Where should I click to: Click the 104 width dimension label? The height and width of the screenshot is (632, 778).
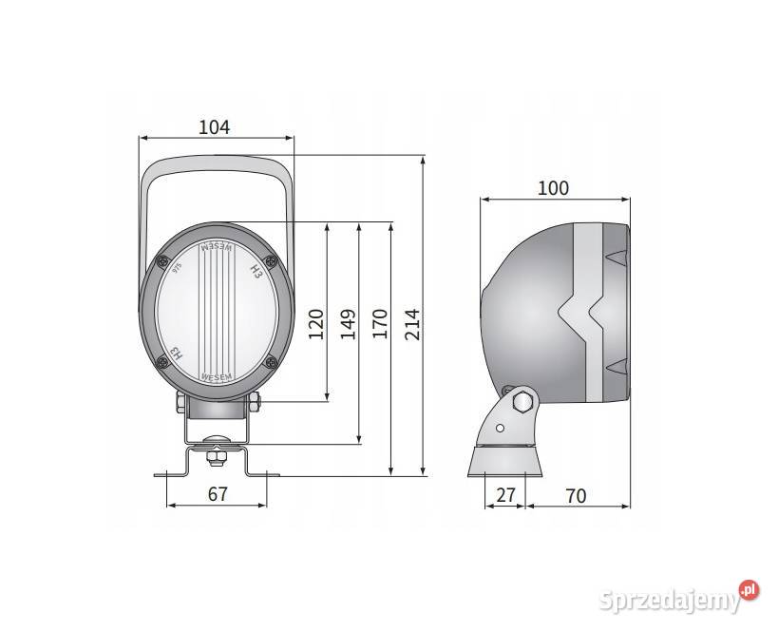coord(215,127)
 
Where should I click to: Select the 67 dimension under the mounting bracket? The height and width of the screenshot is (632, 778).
coord(218,493)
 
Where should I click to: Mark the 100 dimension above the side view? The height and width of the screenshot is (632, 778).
coord(553,188)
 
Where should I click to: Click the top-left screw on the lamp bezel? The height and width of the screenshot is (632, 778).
coord(164,262)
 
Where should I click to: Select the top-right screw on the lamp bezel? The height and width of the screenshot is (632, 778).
coord(271,262)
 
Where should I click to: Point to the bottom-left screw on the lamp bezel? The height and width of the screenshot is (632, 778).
coord(164,360)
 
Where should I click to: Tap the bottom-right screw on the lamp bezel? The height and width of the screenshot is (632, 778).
coord(271,360)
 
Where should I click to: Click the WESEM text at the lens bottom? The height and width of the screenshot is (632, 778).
coord(218,376)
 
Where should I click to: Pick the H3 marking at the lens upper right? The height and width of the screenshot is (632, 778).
coord(255,272)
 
